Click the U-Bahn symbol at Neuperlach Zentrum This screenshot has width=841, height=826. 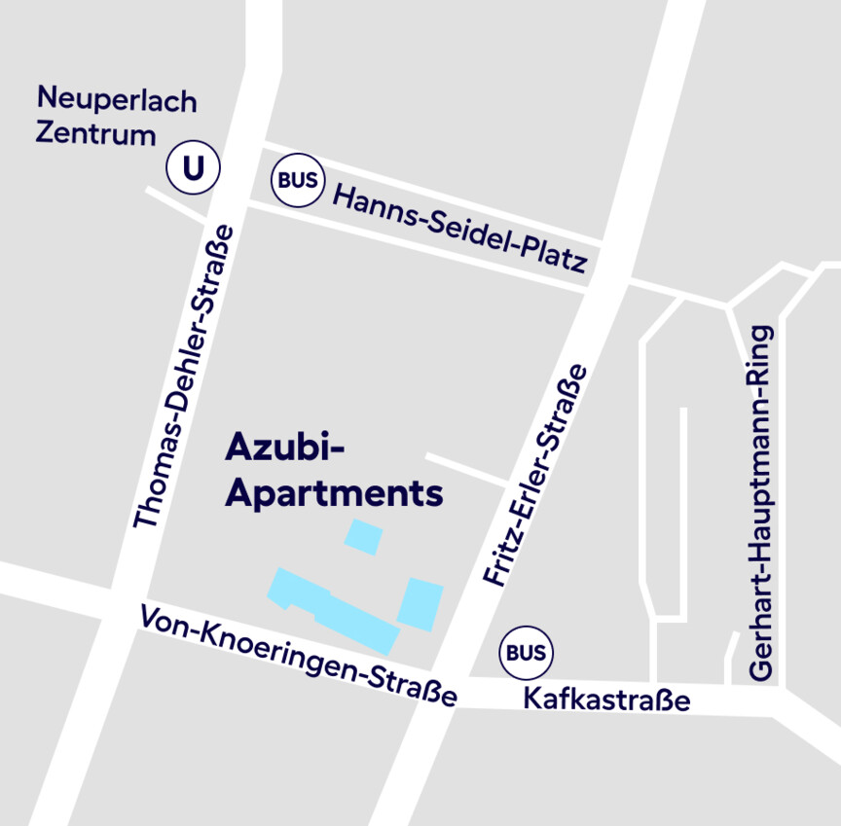pos(194,169)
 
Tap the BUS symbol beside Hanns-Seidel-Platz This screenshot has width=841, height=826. pos(297,180)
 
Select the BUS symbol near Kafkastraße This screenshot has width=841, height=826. pos(526,653)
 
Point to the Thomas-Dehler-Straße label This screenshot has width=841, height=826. pos(185,377)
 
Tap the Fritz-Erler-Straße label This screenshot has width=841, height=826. pos(536,476)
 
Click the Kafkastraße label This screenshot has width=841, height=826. pos(606,699)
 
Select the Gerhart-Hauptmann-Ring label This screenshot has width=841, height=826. pos(761,502)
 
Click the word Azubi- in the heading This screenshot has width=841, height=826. pos(286,448)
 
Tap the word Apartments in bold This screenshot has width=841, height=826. pos(334,493)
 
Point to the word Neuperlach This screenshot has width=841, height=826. pos(117,100)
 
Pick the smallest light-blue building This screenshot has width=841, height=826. pos(364,537)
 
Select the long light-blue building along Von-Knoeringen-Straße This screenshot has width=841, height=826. pos(336,611)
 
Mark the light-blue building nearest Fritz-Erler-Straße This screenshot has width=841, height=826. pos(420,603)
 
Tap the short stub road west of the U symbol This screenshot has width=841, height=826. pos(176,202)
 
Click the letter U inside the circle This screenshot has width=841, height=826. pos(194,169)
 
